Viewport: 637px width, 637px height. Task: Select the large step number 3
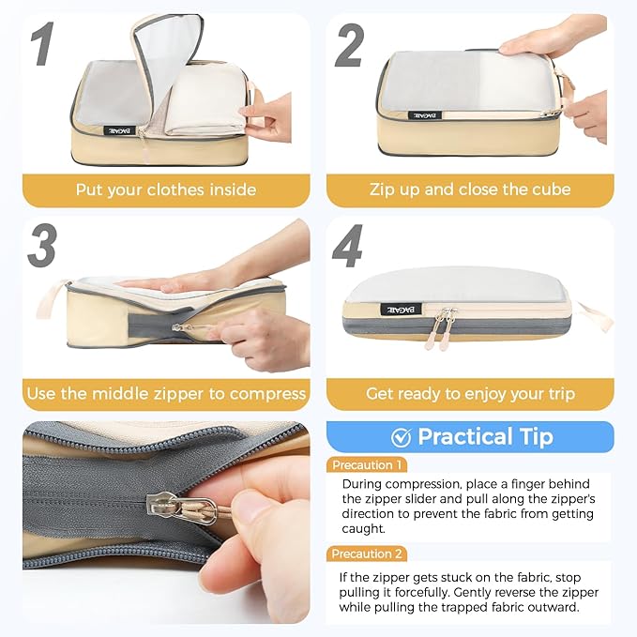click(x=41, y=246)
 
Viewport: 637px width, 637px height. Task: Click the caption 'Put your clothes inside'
click(x=166, y=190)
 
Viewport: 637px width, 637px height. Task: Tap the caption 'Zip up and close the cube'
click(x=470, y=190)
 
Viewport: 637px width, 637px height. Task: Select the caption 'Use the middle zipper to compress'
click(x=166, y=393)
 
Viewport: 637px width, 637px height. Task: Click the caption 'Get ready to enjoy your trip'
click(x=470, y=393)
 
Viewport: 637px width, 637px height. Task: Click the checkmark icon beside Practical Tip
click(x=401, y=436)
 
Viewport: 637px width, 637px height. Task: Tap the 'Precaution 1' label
click(x=368, y=464)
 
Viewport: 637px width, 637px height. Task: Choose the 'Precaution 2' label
click(x=368, y=554)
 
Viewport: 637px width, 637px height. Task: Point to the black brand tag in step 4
click(x=395, y=309)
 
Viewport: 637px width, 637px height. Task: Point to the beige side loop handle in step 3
click(x=52, y=298)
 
